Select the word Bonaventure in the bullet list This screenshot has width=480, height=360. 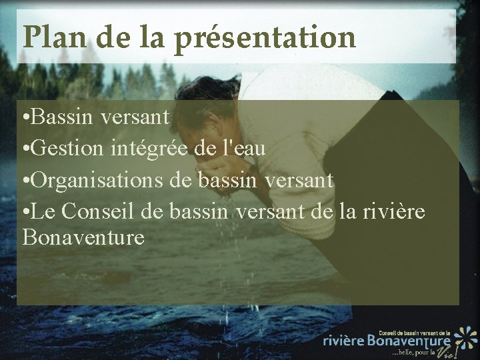[x=83, y=237]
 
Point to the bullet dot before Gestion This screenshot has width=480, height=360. [x=25, y=150]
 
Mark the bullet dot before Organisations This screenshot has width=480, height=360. [x=25, y=180]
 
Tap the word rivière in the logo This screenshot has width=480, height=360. [x=343, y=341]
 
